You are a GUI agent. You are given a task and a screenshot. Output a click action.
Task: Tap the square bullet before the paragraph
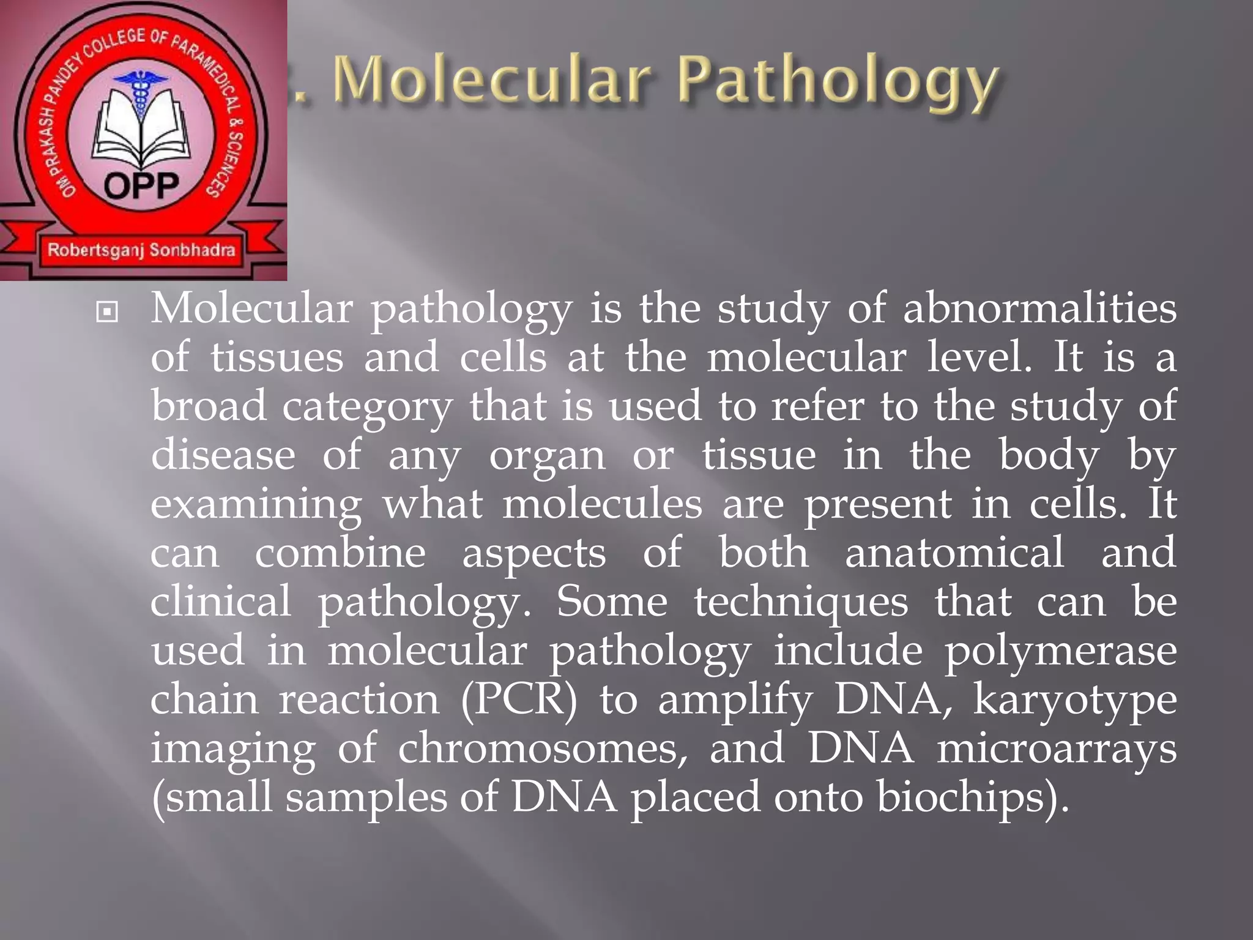click(107, 312)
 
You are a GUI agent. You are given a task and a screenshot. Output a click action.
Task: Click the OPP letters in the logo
click(142, 185)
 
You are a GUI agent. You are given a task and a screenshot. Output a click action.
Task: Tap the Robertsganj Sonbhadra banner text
click(141, 250)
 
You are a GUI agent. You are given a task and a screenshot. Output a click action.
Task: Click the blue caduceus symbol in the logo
click(141, 92)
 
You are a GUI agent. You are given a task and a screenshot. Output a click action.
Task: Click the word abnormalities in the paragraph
click(1039, 308)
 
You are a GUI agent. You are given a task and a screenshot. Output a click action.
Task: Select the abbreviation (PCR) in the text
click(519, 699)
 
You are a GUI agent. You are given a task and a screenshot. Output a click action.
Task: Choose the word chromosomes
click(542, 748)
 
